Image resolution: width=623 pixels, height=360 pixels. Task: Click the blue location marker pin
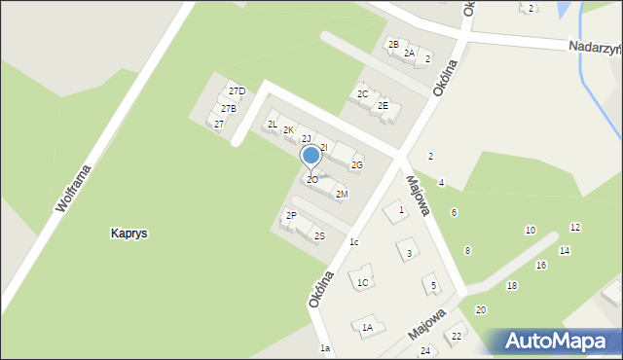[311, 156]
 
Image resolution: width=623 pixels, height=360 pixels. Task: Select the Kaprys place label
[128, 234]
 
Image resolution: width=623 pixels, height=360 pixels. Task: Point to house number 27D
[237, 91]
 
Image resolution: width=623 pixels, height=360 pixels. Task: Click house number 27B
[228, 108]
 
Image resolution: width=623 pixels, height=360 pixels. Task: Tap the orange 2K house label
[288, 130]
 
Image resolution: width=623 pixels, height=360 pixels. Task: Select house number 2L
[273, 124]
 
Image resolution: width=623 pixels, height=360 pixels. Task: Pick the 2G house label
[356, 165]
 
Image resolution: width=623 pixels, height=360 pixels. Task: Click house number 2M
[342, 195]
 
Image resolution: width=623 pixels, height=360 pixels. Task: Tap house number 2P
[291, 215]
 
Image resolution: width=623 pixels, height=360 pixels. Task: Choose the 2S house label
[319, 235]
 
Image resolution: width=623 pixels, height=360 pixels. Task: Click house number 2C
[362, 93]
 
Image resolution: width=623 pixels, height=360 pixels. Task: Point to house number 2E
[383, 105]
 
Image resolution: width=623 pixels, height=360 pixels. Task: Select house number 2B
[393, 44]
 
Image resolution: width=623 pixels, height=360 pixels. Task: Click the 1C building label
[362, 283]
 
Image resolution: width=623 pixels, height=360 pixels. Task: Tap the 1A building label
[367, 328]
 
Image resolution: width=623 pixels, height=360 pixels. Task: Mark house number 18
[511, 285]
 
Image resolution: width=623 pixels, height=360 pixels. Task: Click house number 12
[575, 227]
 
